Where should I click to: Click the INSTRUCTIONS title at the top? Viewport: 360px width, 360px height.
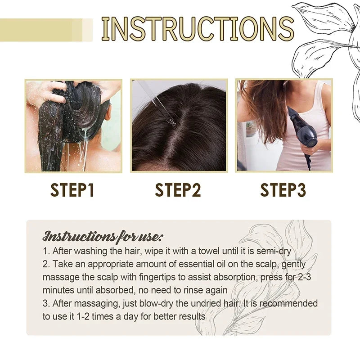pyautogui.click(x=197, y=29)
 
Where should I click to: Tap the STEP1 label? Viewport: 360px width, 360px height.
pyautogui.click(x=72, y=190)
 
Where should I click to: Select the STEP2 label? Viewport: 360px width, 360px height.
pyautogui.click(x=178, y=190)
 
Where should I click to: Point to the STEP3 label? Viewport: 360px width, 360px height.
pyautogui.click(x=283, y=190)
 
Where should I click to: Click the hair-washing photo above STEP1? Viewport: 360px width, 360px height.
pyautogui.click(x=73, y=126)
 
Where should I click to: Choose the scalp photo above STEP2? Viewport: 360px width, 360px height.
pyautogui.click(x=179, y=126)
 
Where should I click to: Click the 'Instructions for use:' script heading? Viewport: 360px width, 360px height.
pyautogui.click(x=103, y=236)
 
